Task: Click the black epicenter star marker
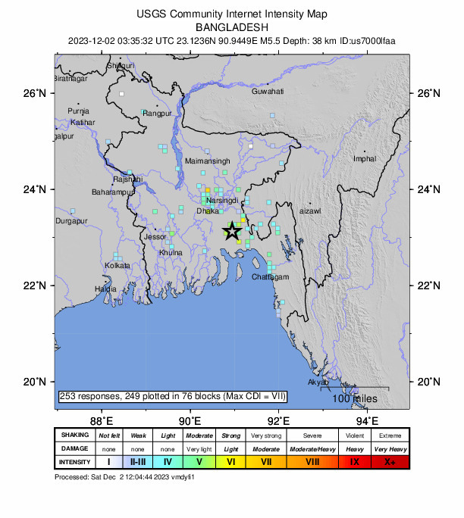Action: (232, 232)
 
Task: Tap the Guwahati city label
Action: (268, 92)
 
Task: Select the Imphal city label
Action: (364, 158)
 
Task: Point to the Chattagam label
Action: (271, 278)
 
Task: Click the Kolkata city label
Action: (118, 266)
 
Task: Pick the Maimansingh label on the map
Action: (207, 162)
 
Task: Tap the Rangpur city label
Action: (158, 114)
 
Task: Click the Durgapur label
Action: (72, 221)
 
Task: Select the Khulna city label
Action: (171, 252)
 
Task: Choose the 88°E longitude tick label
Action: (101, 420)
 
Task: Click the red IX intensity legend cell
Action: (355, 461)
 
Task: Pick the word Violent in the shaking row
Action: (355, 435)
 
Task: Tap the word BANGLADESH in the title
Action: (231, 26)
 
